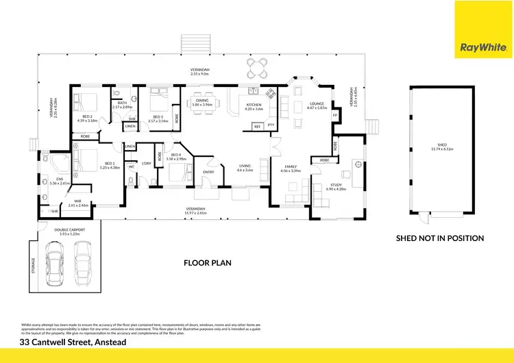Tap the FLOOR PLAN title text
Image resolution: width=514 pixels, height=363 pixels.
coord(208,262)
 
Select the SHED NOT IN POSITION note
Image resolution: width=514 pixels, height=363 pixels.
coord(440,238)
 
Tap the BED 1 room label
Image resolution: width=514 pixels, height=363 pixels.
coord(90,166)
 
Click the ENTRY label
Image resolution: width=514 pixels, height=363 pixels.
coord(208,172)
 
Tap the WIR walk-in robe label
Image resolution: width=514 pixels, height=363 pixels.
coord(78,203)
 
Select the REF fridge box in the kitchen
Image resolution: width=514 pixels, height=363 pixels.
coord(258,127)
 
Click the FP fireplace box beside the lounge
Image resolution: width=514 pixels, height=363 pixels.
coord(335,115)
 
